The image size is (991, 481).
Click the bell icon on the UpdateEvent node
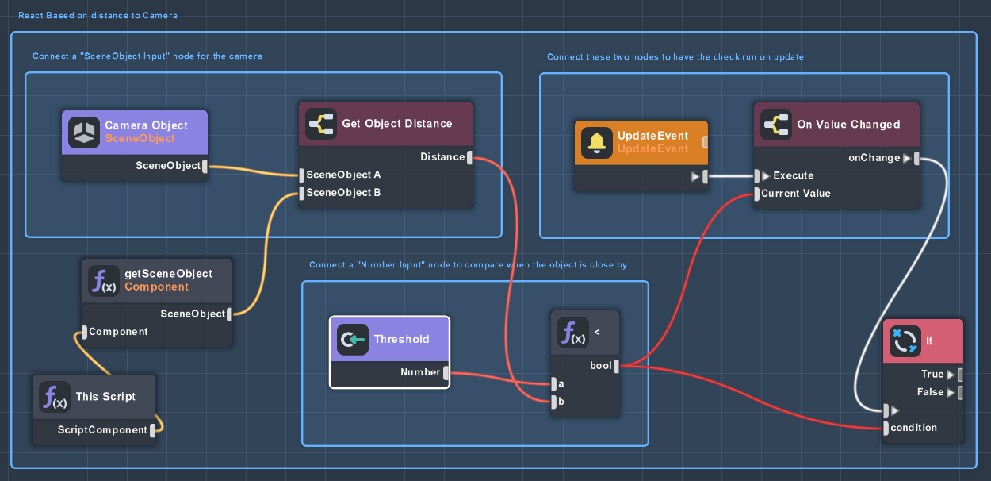596,143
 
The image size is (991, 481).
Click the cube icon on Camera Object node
84,133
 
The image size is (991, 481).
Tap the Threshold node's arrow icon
353,340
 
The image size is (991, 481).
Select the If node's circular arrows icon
905,341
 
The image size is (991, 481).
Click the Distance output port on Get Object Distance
469,157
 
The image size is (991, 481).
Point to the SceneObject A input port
302,175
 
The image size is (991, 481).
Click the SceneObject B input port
302,193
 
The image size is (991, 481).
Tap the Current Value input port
757,194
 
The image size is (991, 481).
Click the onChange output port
916,158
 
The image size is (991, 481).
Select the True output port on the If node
960,375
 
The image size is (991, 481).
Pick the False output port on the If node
960,392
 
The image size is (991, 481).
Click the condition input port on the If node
886,429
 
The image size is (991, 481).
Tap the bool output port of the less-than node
616,366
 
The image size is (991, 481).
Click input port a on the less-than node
553,384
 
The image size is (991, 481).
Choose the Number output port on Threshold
446,372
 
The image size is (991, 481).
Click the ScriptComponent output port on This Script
153,430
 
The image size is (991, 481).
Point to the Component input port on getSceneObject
85,333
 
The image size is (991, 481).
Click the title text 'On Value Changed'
848,125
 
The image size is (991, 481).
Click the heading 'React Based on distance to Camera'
98,16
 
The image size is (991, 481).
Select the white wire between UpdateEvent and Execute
731,176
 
